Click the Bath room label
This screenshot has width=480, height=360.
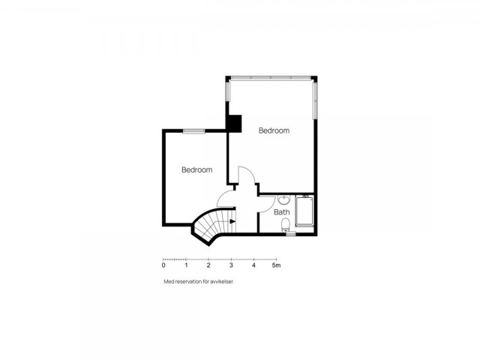pyautogui.click(x=282, y=211)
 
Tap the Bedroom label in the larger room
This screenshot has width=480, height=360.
pyautogui.click(x=274, y=130)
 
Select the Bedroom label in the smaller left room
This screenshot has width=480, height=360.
pyautogui.click(x=196, y=170)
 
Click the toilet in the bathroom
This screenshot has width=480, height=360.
pyautogui.click(x=285, y=225)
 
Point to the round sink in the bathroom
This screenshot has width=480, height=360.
pyautogui.click(x=284, y=200)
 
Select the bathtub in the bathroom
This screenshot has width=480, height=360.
pyautogui.click(x=304, y=211)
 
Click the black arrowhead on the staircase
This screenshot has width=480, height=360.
pyautogui.click(x=232, y=221)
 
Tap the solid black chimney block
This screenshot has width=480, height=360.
pyautogui.click(x=234, y=124)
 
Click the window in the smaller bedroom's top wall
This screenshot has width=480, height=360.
pyautogui.click(x=193, y=131)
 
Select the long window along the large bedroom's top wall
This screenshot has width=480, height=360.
pyautogui.click(x=272, y=78)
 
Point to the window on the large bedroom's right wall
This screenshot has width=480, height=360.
pyautogui.click(x=315, y=100)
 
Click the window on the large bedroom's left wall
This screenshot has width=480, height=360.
pyautogui.click(x=228, y=91)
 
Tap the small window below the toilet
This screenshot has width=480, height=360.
pyautogui.click(x=291, y=234)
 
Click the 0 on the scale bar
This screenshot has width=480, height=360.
pyautogui.click(x=163, y=265)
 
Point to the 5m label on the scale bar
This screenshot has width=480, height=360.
pyautogui.click(x=276, y=265)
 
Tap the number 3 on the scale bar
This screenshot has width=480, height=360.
pyautogui.click(x=231, y=265)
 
